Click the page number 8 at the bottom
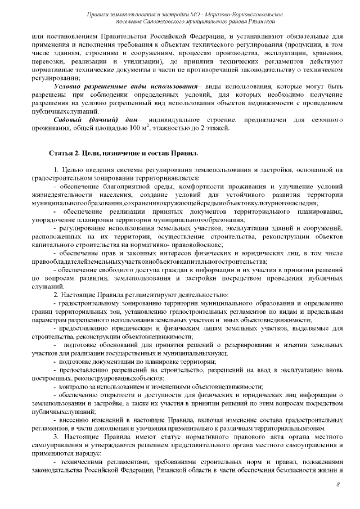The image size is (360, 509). click(338, 484)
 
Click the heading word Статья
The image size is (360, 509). click(63, 152)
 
